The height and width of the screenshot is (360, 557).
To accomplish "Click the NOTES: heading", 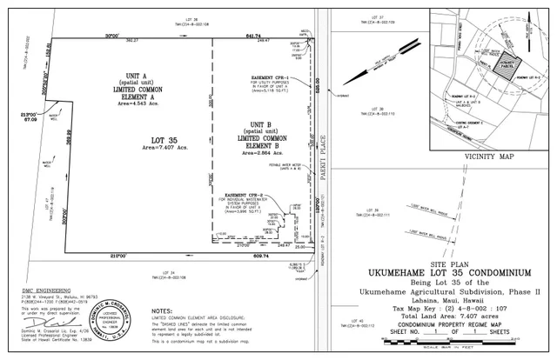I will pos(162,310).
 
